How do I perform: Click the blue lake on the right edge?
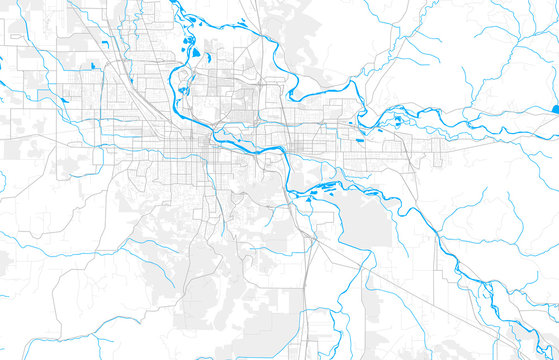point(555,107)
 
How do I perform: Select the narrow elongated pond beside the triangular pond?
point(186,42)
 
